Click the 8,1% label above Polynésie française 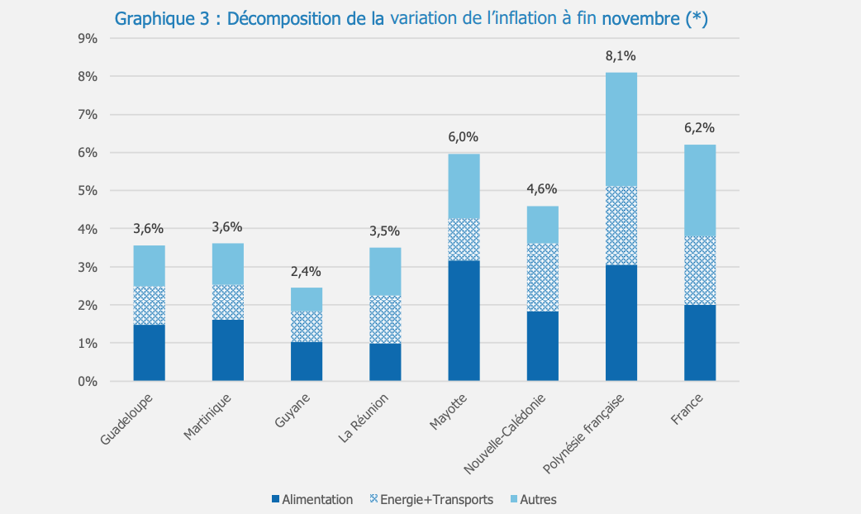pyautogui.click(x=621, y=56)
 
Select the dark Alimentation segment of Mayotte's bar pyautogui.click(x=464, y=321)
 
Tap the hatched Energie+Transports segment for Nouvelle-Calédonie pyautogui.click(x=542, y=277)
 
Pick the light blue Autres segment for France pyautogui.click(x=699, y=190)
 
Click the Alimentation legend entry pyautogui.click(x=312, y=499)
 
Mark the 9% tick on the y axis pyautogui.click(x=88, y=38)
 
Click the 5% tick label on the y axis pyautogui.click(x=88, y=191)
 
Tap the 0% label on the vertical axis pyautogui.click(x=88, y=382)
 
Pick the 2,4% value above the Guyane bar pyautogui.click(x=306, y=271)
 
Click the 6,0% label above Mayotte pyautogui.click(x=464, y=137)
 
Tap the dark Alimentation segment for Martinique pyautogui.click(x=227, y=350)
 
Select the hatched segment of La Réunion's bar pyautogui.click(x=385, y=319)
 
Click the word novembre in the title pyautogui.click(x=641, y=19)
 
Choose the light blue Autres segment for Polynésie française pyautogui.click(x=621, y=129)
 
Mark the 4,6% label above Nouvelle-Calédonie pyautogui.click(x=542, y=189)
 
